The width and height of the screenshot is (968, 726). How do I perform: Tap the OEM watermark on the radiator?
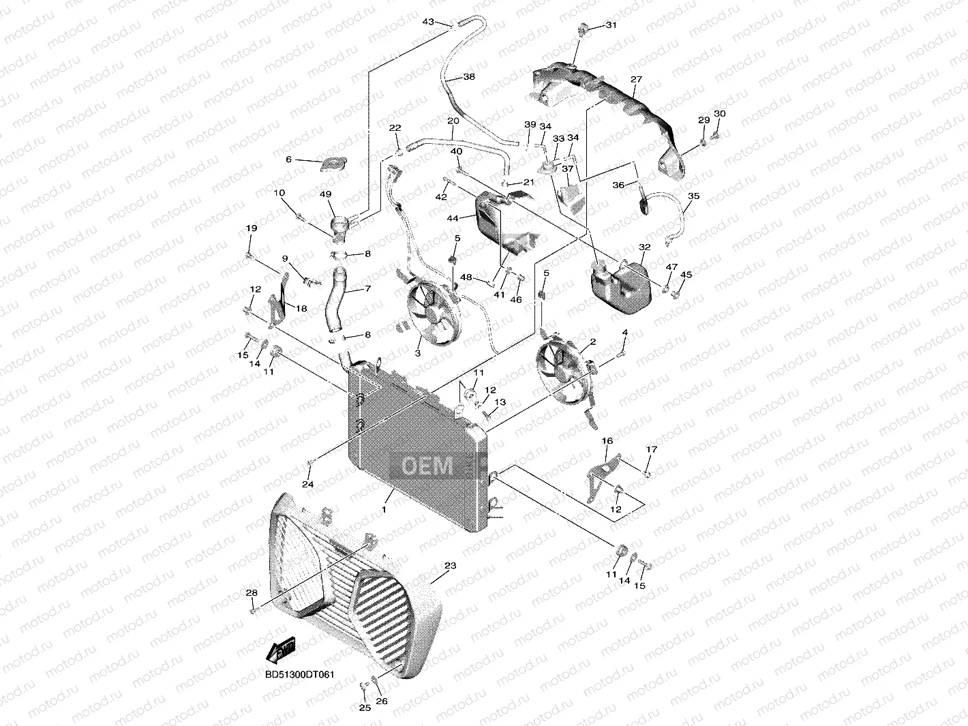[427, 467]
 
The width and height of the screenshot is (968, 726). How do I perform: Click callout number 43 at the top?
[428, 22]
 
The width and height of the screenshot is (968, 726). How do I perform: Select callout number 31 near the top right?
[610, 25]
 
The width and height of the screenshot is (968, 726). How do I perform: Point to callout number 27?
[636, 80]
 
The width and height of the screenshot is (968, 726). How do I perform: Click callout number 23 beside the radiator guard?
[450, 566]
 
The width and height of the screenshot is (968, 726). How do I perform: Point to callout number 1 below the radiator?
[384, 509]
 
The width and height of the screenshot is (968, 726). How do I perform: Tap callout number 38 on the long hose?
[468, 77]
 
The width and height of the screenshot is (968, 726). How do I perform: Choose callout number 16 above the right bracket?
[607, 442]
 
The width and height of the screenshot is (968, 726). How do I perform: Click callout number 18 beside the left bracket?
[301, 308]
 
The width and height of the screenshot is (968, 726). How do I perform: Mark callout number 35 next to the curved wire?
[693, 196]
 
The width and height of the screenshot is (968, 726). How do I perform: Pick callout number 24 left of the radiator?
[308, 484]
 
